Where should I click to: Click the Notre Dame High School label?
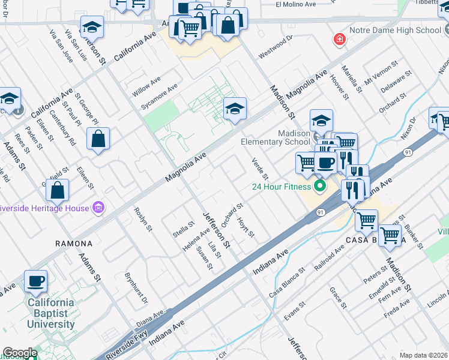click(394, 30)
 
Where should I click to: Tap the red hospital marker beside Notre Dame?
click(340, 40)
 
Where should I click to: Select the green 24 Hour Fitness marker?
click(319, 186)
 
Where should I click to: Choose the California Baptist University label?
click(51, 313)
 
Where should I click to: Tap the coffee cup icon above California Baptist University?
click(35, 281)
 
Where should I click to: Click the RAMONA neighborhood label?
click(74, 244)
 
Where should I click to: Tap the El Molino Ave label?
click(295, 4)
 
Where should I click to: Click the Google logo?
click(20, 353)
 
